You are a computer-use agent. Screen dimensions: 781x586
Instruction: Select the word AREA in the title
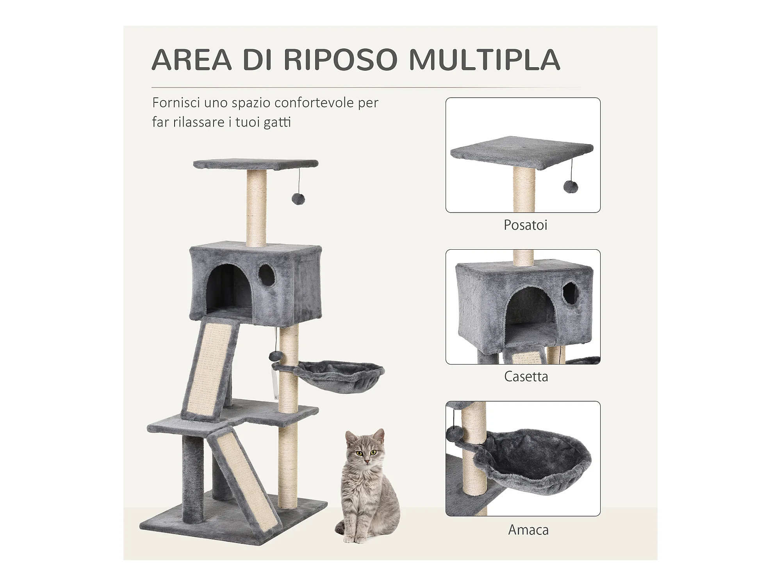pos(192,60)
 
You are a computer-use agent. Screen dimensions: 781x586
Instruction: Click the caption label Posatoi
pos(526,225)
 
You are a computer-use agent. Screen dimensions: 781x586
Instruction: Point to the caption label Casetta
pos(526,377)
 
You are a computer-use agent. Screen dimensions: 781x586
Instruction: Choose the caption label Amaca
pos(528,530)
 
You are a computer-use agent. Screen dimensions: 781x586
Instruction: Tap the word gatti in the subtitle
pos(277,122)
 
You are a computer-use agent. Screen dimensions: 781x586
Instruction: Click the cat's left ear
pos(378,435)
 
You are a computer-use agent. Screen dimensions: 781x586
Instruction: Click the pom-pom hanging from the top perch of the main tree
pos(298,199)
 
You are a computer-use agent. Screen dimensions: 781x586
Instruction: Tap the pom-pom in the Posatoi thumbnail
pos(571,187)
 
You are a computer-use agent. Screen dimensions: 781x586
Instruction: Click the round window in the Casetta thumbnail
pos(571,293)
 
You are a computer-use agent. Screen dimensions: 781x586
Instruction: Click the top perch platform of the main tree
pos(256,164)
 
